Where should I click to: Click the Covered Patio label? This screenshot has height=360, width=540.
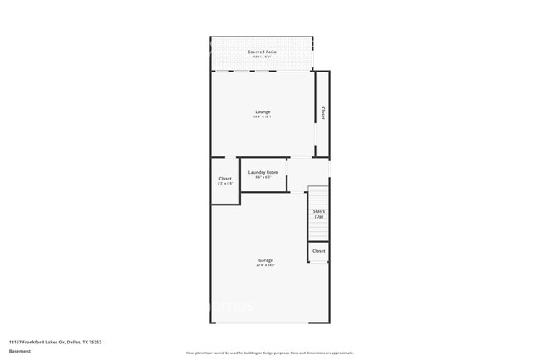[262, 52]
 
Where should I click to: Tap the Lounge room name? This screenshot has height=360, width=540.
[262, 111]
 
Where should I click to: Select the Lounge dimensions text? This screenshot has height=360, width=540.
[262, 116]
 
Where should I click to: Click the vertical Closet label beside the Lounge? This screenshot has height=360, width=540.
[322, 113]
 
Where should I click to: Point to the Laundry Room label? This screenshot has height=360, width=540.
[263, 172]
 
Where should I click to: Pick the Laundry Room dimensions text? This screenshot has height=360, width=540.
[263, 178]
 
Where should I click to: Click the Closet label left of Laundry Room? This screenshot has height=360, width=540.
[225, 178]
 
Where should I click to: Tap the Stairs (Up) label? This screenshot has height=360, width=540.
[319, 214]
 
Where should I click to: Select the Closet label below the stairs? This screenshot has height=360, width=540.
[319, 250]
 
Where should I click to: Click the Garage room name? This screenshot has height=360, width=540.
[265, 260]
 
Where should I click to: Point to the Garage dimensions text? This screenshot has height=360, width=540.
[265, 266]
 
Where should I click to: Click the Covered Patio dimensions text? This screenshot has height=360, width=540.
[262, 57]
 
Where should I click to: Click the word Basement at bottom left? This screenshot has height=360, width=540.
[20, 351]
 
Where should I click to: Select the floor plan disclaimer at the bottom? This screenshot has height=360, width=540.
[270, 353]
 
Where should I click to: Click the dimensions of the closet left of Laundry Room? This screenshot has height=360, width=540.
[225, 184]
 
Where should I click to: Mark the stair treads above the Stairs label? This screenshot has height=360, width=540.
[319, 198]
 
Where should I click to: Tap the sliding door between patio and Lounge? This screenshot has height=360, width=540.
[250, 72]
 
